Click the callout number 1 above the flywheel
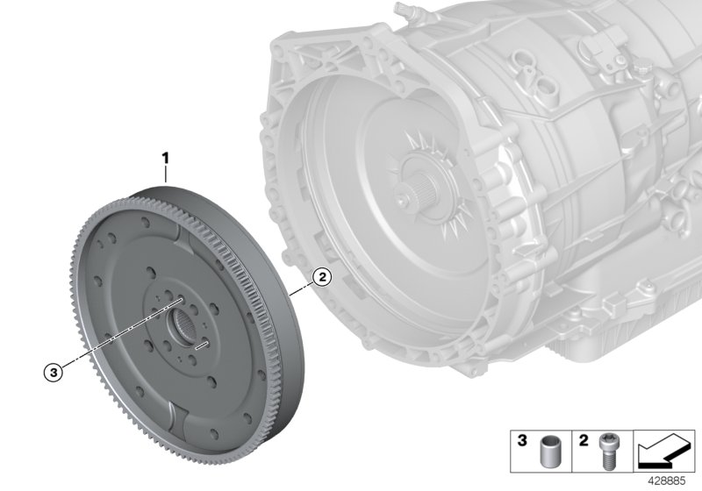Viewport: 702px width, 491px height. click(x=164, y=159)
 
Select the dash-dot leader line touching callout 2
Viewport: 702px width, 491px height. click(x=303, y=286)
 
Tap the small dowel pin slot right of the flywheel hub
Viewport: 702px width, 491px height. click(x=201, y=346)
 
